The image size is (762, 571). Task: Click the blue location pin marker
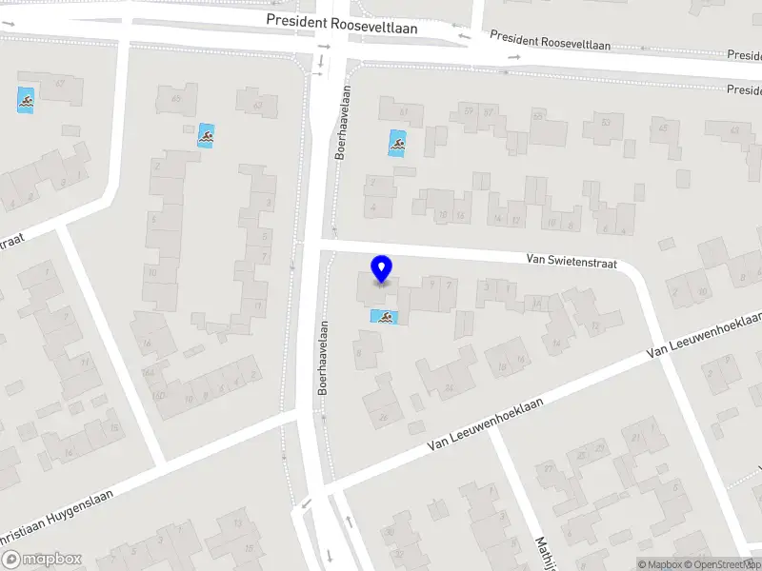[x=382, y=269]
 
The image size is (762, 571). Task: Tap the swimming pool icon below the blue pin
[x=385, y=317]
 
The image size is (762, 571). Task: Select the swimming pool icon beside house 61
[x=397, y=145]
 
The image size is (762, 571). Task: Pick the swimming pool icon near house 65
[x=206, y=135]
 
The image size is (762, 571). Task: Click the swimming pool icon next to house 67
[x=25, y=99]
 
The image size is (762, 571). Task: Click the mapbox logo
[x=42, y=560]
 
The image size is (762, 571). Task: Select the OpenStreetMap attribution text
[x=725, y=564]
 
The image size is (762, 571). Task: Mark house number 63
[x=257, y=105]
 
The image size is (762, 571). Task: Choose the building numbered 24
[x=448, y=388]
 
